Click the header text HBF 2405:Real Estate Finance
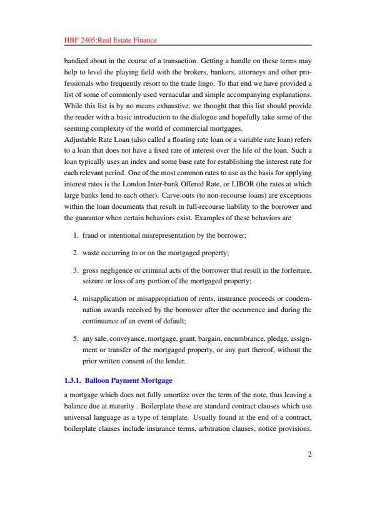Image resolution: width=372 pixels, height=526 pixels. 110,40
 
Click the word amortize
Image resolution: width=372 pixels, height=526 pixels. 191,395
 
